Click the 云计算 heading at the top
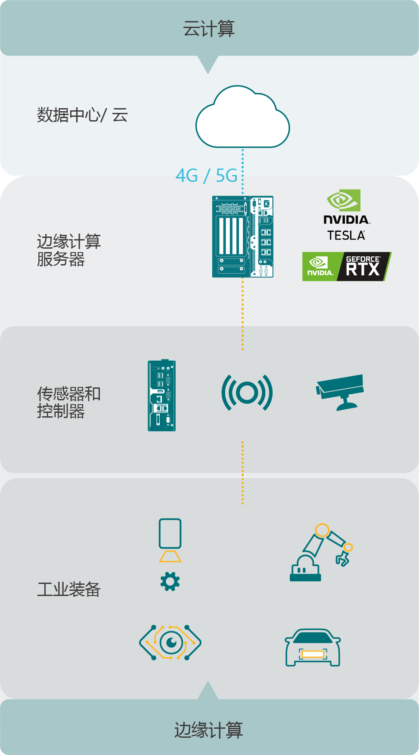click(209, 29)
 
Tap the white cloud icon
click(242, 117)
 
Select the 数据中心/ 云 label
click(82, 115)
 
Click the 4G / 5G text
click(207, 175)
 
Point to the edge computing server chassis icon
click(243, 237)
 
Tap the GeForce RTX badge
click(347, 266)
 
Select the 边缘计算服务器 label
click(69, 250)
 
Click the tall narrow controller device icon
click(162, 395)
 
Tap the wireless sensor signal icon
click(247, 393)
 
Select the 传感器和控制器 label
click(69, 402)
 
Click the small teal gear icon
click(170, 582)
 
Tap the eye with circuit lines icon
click(170, 643)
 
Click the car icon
click(313, 647)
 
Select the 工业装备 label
click(69, 589)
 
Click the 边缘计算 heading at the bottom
click(209, 730)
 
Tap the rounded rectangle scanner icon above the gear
click(170, 533)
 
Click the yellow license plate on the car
click(313, 654)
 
